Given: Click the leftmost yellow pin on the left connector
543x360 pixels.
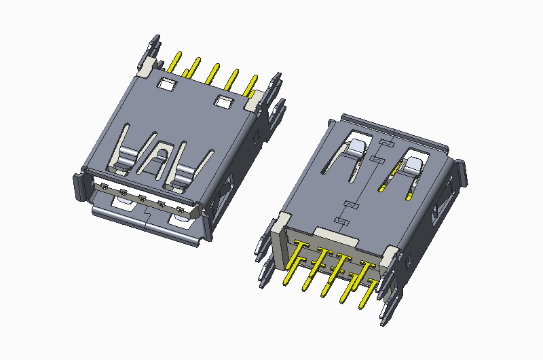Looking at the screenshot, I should pyautogui.click(x=175, y=62).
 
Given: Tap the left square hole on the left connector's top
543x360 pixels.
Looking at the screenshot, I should pyautogui.click(x=166, y=84).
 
